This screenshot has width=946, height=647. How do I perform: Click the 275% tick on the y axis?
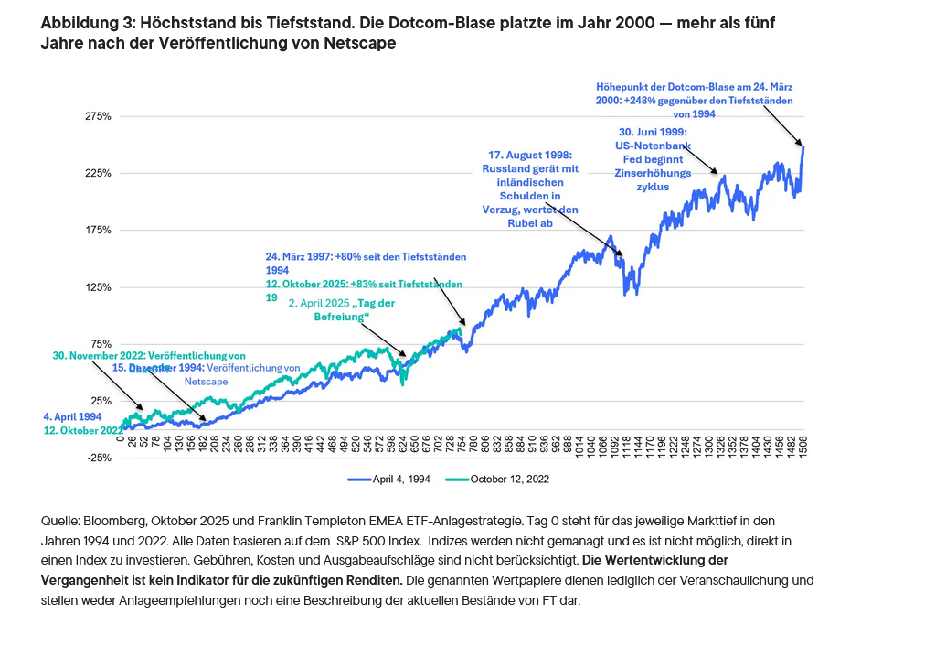(98, 117)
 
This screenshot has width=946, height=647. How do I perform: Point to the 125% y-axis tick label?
(98, 287)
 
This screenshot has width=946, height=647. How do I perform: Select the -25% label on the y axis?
(98, 458)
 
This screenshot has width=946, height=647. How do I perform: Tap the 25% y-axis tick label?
(100, 401)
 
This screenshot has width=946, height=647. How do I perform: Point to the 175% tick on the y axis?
(98, 231)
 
